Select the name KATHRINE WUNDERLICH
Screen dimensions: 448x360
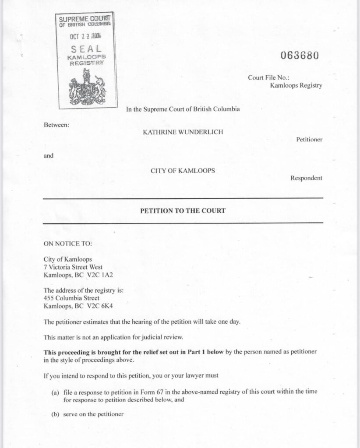point(183,131)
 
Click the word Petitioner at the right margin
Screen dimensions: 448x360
point(309,140)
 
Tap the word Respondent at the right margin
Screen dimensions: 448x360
point(306,178)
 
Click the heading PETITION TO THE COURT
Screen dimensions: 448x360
point(183,210)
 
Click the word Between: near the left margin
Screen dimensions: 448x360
point(56,125)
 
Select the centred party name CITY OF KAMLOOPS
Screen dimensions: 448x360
point(183,171)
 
